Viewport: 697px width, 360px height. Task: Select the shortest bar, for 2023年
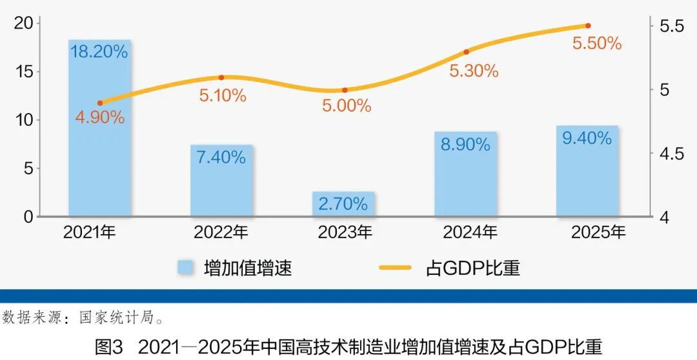pyautogui.click(x=343, y=204)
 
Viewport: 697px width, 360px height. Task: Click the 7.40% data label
pyautogui.click(x=221, y=157)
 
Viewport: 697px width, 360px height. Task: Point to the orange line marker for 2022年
pyautogui.click(x=221, y=77)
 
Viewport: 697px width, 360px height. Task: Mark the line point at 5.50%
pyautogui.click(x=588, y=26)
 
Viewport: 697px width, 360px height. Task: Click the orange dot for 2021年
pyautogui.click(x=100, y=103)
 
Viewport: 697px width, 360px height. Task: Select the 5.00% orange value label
pyautogui.click(x=347, y=106)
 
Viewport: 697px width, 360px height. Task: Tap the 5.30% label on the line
pyautogui.click(x=474, y=71)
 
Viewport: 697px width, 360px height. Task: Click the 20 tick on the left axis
pyautogui.click(x=23, y=23)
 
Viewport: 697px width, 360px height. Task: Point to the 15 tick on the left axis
pyautogui.click(x=23, y=72)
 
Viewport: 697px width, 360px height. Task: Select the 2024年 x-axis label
pyautogui.click(x=470, y=232)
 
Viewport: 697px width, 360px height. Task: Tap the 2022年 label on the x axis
pyautogui.click(x=221, y=232)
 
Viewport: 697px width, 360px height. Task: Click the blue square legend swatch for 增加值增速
pyautogui.click(x=186, y=267)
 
